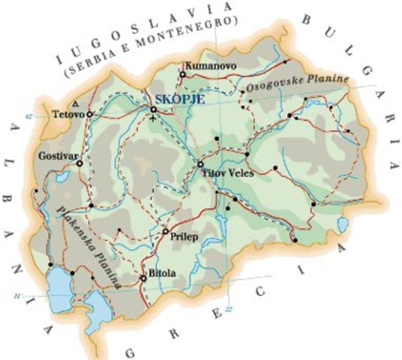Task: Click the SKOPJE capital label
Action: coord(178,98)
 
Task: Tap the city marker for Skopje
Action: coord(153,109)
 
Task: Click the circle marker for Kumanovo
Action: coord(183,74)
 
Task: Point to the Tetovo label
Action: coord(68,115)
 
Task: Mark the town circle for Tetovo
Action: coord(90,114)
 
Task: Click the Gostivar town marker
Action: coord(79,161)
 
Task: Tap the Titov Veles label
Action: coord(229,172)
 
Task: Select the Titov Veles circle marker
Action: coord(200,164)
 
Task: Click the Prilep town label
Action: coord(184,234)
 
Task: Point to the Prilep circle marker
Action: coord(166,231)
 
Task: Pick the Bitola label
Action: coord(163,274)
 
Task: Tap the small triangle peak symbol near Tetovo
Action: coord(73,103)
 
